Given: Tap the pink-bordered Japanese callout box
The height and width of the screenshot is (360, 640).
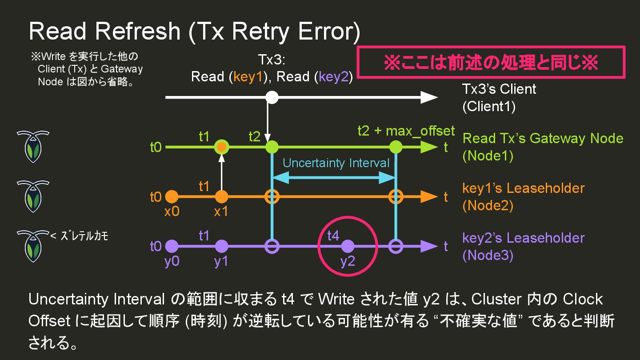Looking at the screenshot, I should [491, 62].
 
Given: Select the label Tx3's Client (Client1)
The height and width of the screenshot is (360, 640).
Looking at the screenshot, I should [499, 98].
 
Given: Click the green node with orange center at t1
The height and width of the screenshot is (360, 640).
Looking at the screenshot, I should [221, 147].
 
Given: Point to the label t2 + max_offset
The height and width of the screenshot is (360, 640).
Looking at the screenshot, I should [406, 131].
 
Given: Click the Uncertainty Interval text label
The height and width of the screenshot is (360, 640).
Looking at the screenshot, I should [336, 163].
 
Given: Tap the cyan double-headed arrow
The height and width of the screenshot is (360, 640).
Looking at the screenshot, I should [333, 178].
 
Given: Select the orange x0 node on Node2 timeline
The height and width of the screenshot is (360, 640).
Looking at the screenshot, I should [172, 196].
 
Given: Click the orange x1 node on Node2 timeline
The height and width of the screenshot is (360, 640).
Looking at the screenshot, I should [221, 196].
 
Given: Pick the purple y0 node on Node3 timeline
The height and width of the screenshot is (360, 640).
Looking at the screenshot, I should [172, 246].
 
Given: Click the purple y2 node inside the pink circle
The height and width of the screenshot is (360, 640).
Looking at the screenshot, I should [348, 246].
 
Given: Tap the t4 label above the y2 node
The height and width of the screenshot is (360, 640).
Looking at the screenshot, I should [333, 236].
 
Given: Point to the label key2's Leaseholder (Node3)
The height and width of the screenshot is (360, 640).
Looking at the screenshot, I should [523, 246].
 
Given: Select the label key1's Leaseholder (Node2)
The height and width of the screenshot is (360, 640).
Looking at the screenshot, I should [523, 196].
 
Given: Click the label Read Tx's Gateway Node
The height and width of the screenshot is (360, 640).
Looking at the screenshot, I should [543, 138].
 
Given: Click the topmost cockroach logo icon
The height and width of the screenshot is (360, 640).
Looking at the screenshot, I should [33, 146].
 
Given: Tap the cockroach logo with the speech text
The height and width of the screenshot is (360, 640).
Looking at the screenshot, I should [33, 246].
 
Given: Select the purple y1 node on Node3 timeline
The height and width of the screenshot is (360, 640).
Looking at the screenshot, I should [221, 246].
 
